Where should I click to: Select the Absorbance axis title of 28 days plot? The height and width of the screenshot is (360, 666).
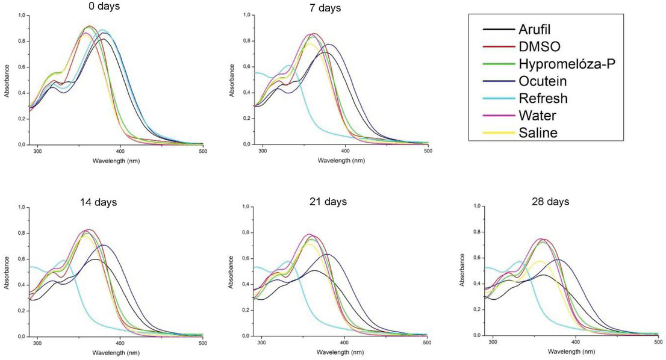coord(462,271)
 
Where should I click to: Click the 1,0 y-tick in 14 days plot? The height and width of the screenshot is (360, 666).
coord(22,208)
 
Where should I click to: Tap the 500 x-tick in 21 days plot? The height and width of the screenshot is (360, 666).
coord(426,342)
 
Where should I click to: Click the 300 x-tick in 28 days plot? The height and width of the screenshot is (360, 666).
coord(493,342)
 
